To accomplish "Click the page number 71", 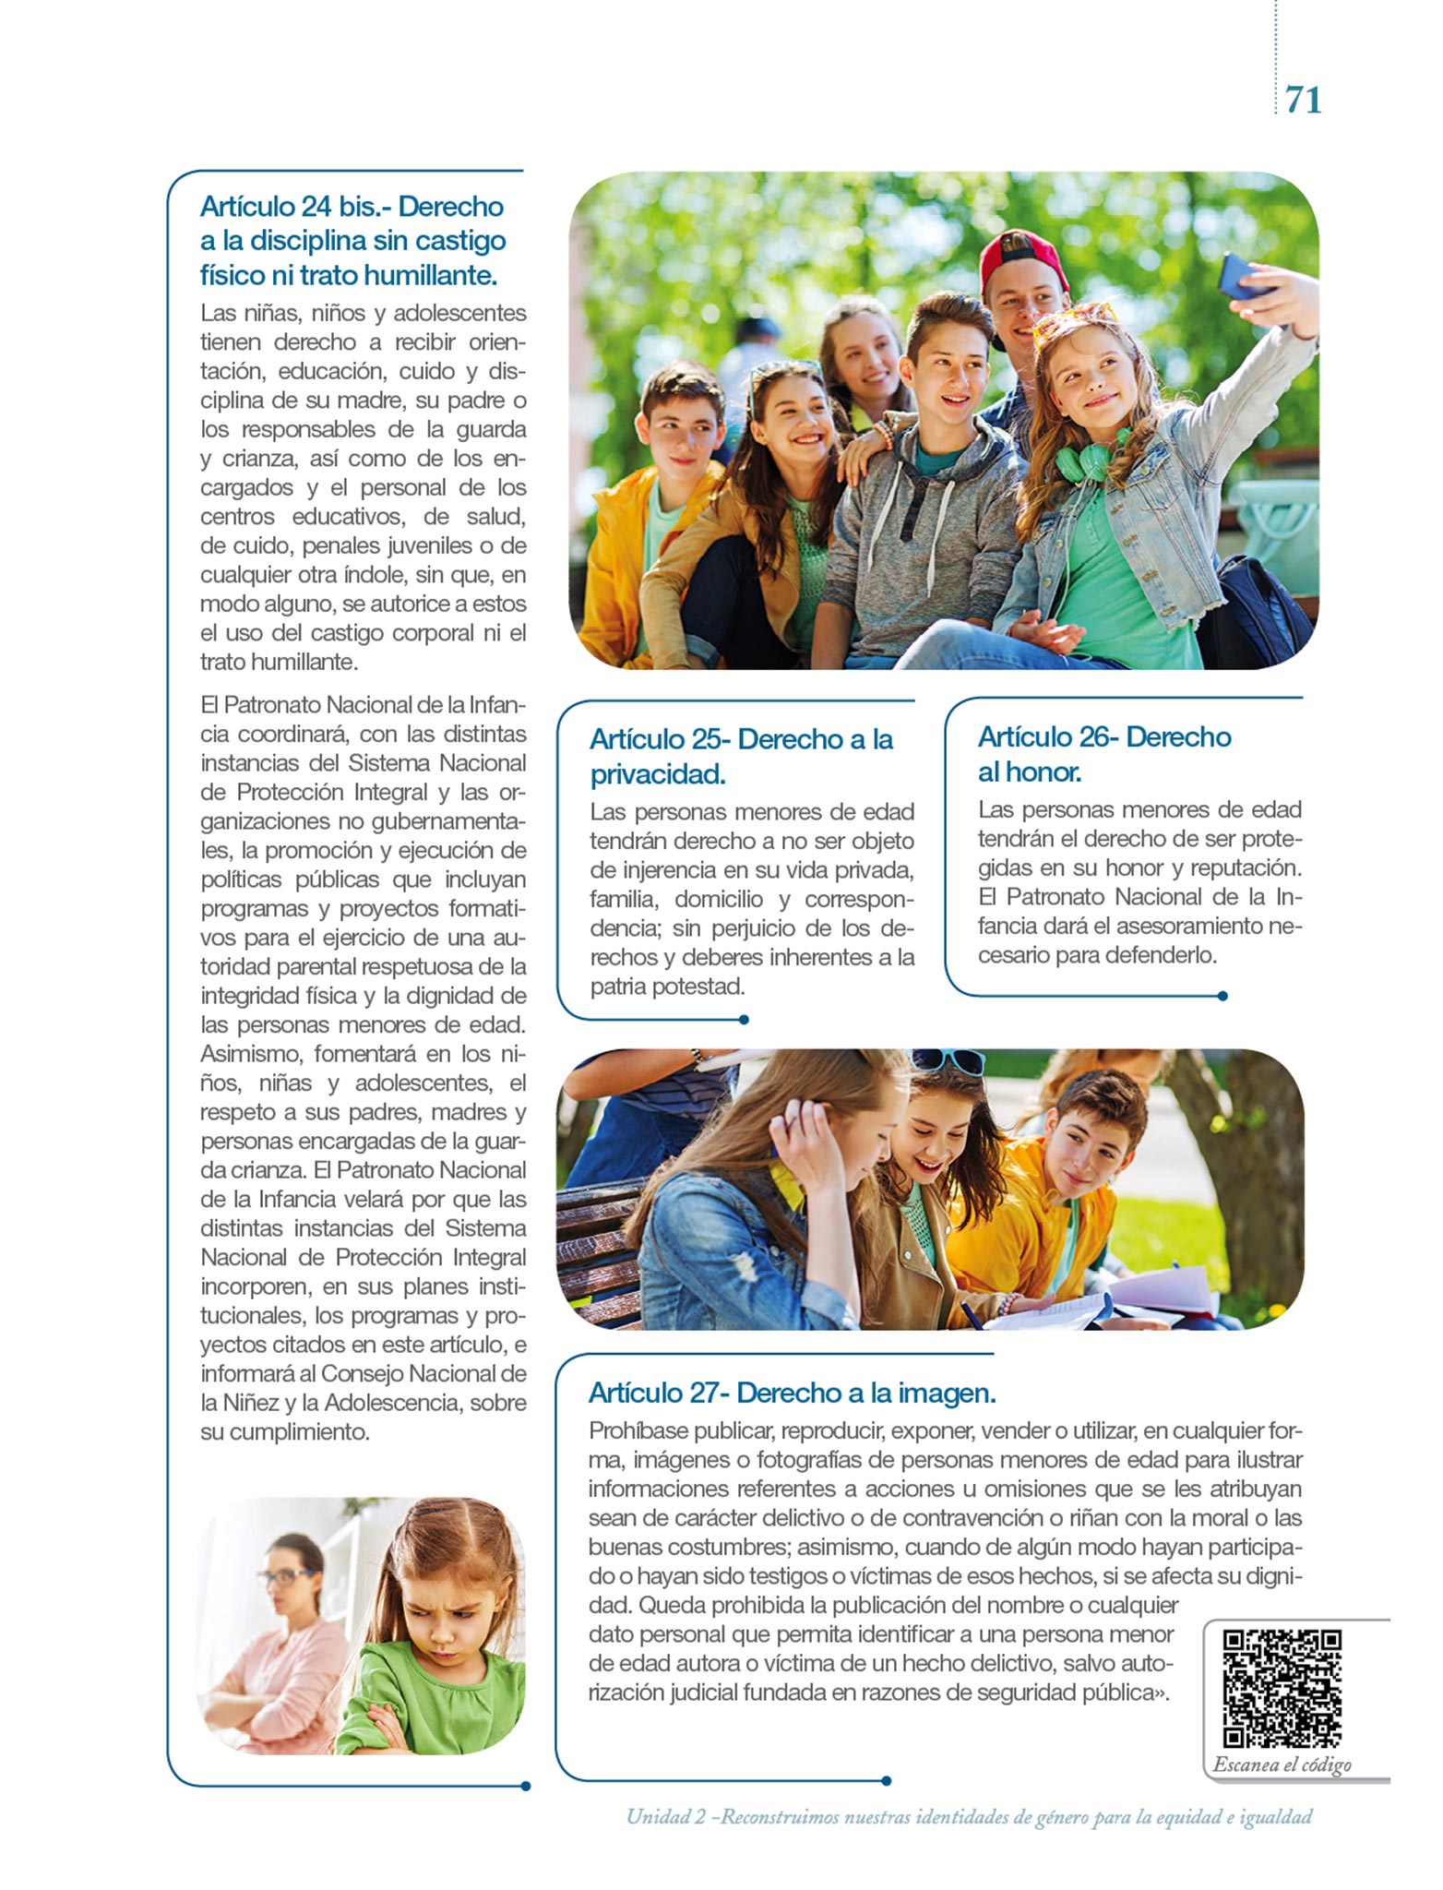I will pyautogui.click(x=1303, y=100).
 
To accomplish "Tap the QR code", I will pyautogui.click(x=1282, y=1689).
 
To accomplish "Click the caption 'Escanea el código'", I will pyautogui.click(x=1282, y=1764).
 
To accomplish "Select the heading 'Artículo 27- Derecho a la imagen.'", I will pyautogui.click(x=792, y=1393).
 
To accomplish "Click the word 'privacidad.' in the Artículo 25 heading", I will pyautogui.click(x=658, y=774).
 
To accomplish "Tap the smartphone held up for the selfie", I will pyautogui.click(x=1242, y=276).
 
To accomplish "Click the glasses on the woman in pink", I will pyautogui.click(x=289, y=1576).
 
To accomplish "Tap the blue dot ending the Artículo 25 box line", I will pyautogui.click(x=744, y=1020).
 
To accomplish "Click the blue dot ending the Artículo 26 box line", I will pyautogui.click(x=1222, y=996).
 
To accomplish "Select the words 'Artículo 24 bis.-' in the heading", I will pyautogui.click(x=295, y=206).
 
